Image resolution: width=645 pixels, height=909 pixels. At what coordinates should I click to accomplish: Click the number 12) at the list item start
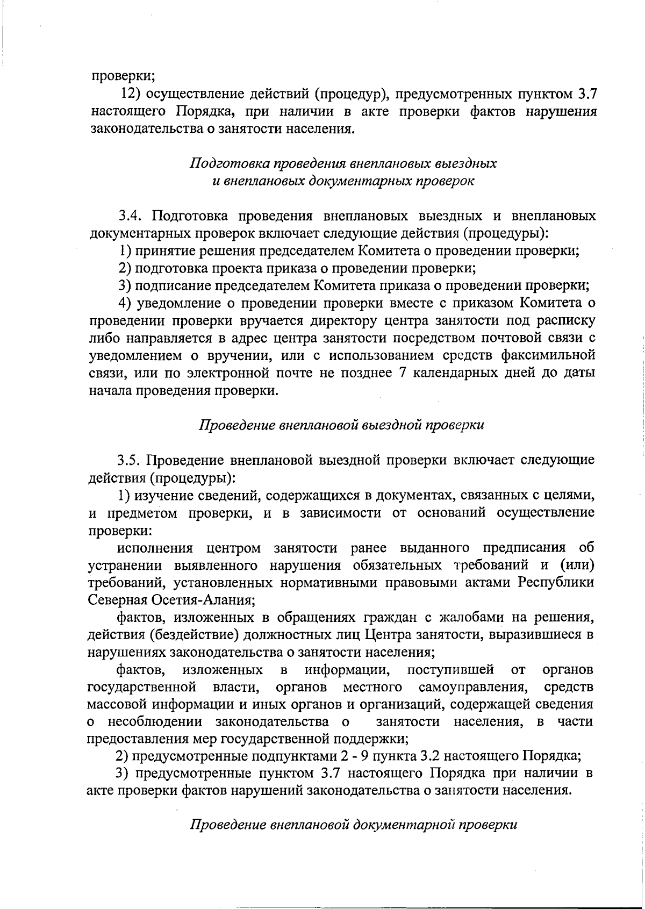tap(131, 94)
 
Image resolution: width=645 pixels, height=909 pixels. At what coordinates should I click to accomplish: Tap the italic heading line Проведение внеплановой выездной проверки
tap(342, 425)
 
